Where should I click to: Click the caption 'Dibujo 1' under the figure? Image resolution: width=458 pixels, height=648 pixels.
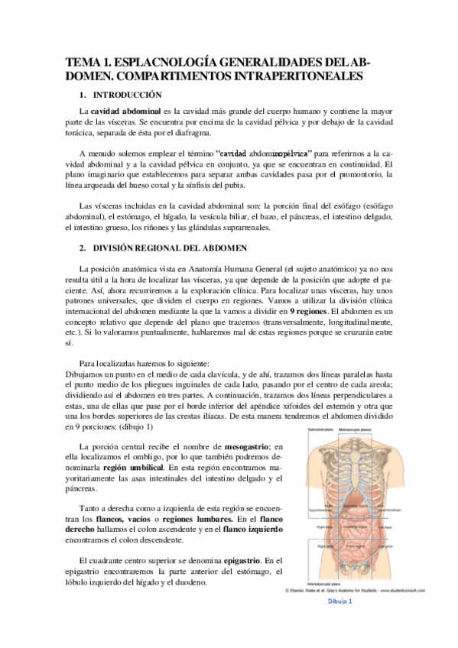(340, 601)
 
